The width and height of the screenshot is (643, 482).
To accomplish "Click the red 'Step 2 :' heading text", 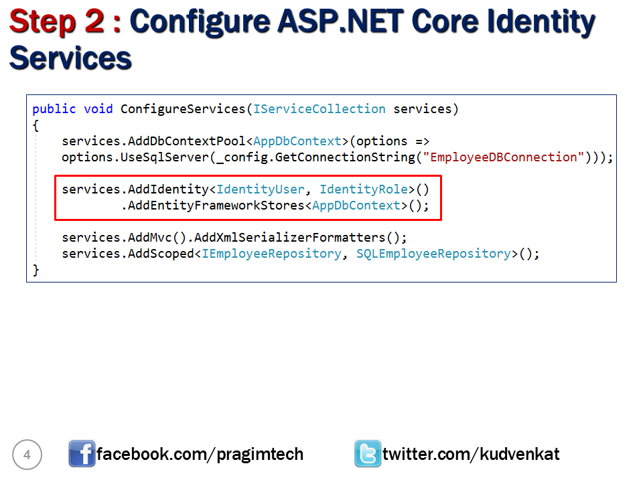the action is (x=66, y=22).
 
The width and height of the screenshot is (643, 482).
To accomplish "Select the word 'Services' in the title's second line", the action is (x=70, y=58).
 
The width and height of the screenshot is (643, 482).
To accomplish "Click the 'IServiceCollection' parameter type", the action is (x=319, y=109).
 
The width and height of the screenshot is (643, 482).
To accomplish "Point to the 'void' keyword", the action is (x=98, y=109).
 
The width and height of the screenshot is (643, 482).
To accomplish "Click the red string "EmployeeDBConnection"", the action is (x=504, y=157).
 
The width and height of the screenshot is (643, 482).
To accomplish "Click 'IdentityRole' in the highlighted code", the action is (x=364, y=189).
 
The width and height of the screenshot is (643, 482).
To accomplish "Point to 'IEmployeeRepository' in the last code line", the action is (x=271, y=254).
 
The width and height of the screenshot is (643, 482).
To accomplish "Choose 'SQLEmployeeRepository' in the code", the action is (x=433, y=254).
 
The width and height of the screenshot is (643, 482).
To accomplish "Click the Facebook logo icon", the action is (x=82, y=455).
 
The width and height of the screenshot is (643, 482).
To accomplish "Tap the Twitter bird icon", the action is (x=368, y=455).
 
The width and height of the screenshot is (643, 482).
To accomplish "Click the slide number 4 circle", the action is (x=27, y=455).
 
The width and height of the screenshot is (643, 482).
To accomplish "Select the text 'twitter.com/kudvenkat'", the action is (x=471, y=455).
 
